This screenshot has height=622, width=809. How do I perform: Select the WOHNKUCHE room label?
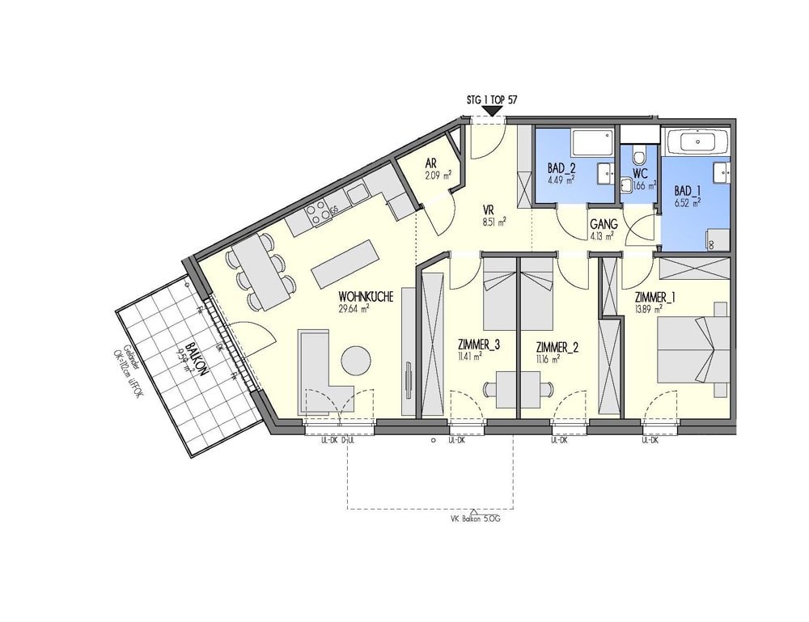(366, 297)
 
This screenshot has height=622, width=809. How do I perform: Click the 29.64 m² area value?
(354, 308)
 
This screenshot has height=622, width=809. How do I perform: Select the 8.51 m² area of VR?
(494, 220)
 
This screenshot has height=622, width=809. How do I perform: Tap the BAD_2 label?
(561, 168)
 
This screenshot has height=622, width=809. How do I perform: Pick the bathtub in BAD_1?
(697, 142)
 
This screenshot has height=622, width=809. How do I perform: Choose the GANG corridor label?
(604, 224)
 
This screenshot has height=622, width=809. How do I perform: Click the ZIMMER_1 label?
(655, 297)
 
